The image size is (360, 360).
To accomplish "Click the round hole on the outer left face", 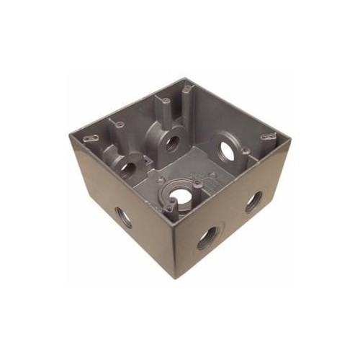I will click(123, 217).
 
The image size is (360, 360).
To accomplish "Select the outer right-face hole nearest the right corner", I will click(253, 202).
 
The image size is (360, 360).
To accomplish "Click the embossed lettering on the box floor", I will click(198, 178).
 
